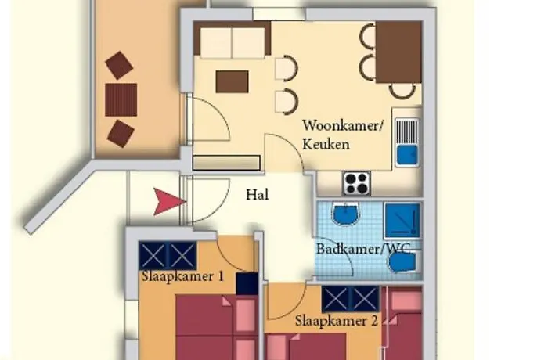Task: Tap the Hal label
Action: [x=257, y=195]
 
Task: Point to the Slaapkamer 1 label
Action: [x=182, y=275]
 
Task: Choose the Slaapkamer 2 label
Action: [x=337, y=320]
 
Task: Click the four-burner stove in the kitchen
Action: [x=357, y=183]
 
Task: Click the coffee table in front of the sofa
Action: [x=233, y=81]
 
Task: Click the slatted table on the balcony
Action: [x=121, y=99]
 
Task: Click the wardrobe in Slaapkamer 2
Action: [x=350, y=298]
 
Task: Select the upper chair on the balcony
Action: [x=119, y=65]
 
